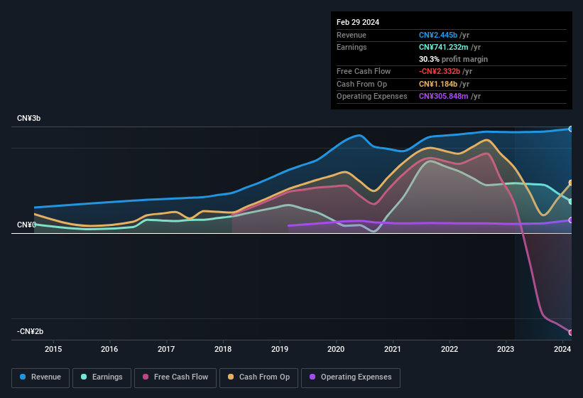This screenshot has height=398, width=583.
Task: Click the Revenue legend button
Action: pos(40,377)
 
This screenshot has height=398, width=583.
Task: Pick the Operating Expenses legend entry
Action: pos(351,377)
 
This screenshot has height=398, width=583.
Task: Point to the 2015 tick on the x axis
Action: pos(53,349)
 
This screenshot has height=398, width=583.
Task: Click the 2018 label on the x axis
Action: pos(223,349)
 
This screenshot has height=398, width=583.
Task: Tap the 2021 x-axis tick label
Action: pos(392,349)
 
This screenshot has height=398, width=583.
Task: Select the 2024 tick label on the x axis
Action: pos(562,349)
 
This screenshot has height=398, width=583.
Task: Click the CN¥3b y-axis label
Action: pos(29,118)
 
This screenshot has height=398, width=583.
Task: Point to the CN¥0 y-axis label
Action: pos(26,225)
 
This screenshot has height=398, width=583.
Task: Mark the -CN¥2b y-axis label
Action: pos(31,331)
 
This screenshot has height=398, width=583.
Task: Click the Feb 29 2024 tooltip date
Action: pos(358,22)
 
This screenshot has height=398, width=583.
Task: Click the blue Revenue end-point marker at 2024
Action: pos(571,129)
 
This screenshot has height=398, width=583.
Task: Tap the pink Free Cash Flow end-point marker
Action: pos(571,333)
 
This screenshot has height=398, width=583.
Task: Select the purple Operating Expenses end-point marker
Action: pos(571,220)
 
